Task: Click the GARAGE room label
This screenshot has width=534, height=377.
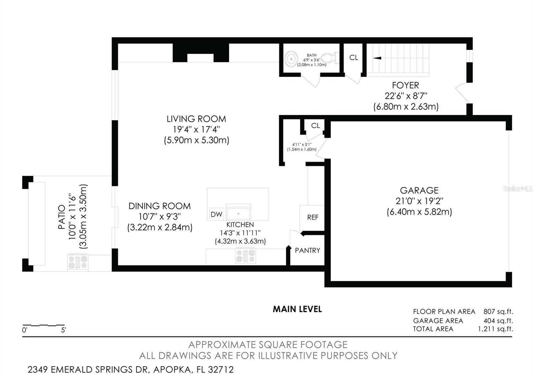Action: click(x=419, y=191)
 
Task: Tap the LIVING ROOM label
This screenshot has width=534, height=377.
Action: click(x=196, y=119)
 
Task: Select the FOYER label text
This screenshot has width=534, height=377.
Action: click(x=406, y=85)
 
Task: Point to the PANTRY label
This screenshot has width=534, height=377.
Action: click(x=307, y=251)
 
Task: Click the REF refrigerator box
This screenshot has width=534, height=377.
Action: click(x=312, y=217)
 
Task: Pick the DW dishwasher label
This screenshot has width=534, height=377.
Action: click(x=217, y=215)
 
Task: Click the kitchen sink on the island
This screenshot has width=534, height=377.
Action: click(x=238, y=212)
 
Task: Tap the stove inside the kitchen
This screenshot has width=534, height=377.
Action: click(x=245, y=256)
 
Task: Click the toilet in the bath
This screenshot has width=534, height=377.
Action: click(x=330, y=58)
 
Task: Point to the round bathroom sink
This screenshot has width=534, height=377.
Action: click(x=291, y=59)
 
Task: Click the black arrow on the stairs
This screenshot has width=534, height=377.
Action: click(x=377, y=58)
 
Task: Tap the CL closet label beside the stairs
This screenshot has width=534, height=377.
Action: click(x=353, y=58)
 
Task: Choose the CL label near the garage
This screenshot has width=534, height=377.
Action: click(x=315, y=125)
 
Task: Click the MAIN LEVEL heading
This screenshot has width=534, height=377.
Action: click(x=297, y=309)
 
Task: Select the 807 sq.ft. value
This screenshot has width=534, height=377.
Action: click(x=498, y=312)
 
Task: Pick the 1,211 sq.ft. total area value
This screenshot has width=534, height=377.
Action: click(x=495, y=329)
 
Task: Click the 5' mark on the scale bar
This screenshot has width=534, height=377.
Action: click(x=63, y=330)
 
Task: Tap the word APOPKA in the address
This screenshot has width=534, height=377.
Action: click(x=172, y=370)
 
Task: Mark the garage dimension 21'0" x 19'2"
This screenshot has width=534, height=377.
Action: click(x=419, y=201)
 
